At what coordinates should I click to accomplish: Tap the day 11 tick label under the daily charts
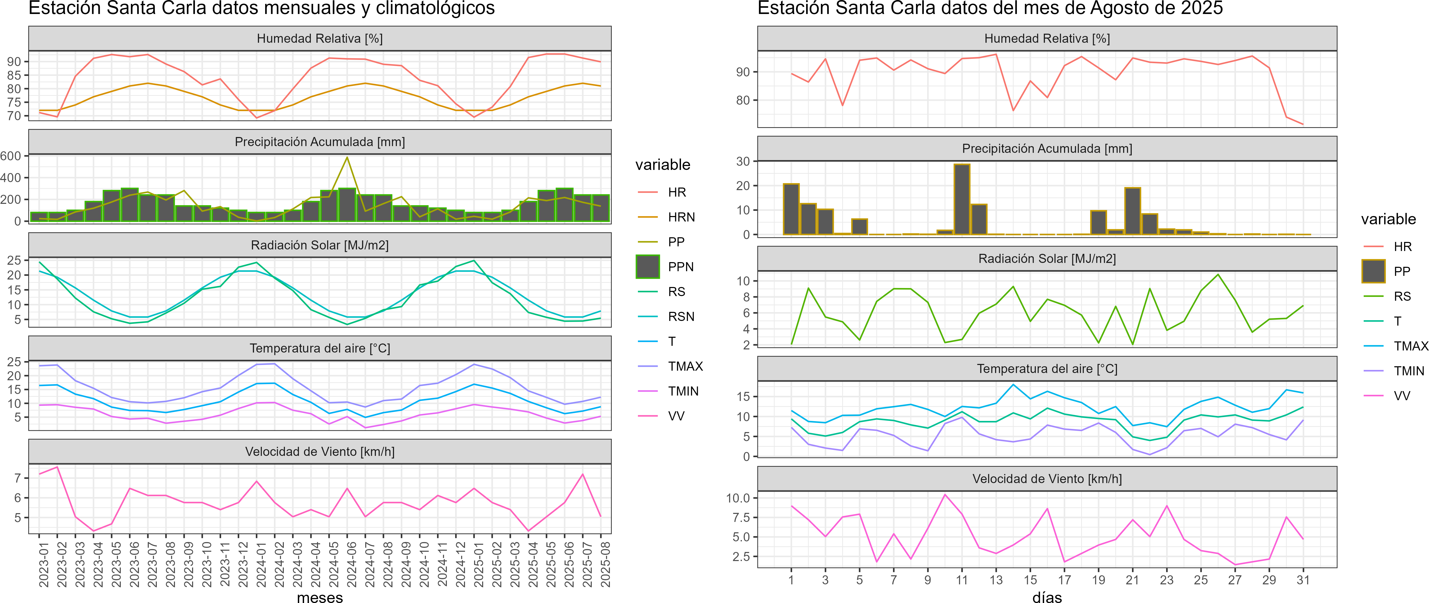(x=962, y=580)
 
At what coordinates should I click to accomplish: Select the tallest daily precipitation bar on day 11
(x=962, y=199)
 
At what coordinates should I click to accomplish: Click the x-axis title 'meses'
(x=320, y=598)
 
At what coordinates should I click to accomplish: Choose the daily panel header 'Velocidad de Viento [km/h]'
(x=1047, y=479)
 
